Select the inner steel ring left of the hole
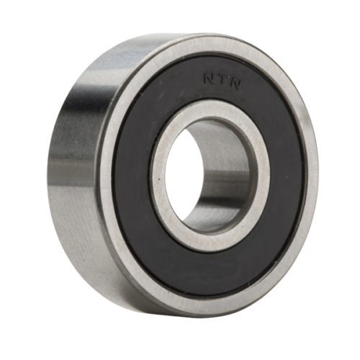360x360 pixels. pos(158,180)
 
